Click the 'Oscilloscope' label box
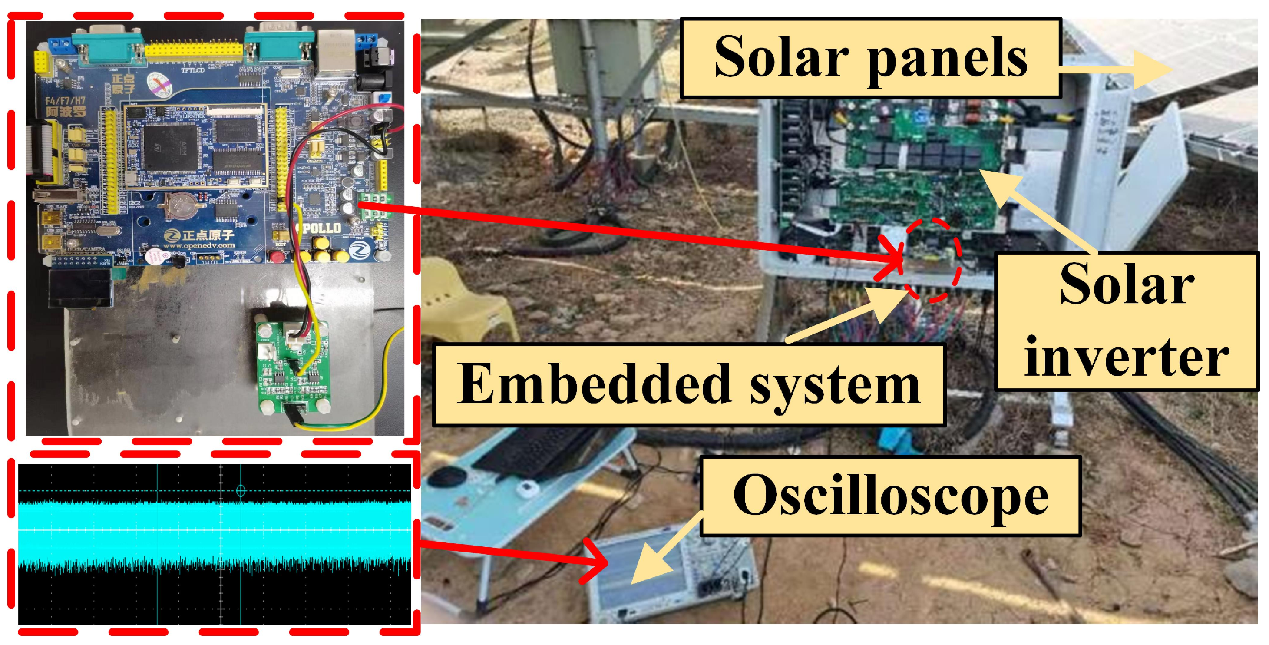[x=891, y=496]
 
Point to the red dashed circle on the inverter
[x=933, y=260]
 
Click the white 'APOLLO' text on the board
[x=319, y=228]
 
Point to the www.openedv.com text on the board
[x=198, y=245]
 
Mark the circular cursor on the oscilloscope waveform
[x=241, y=490]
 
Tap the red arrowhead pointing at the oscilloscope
[x=596, y=562]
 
